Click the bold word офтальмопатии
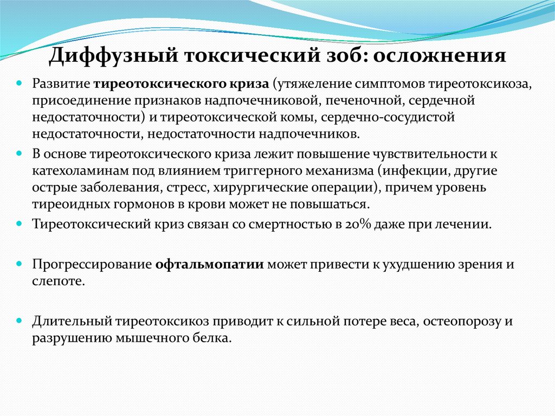tap(210, 265)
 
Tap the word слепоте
tap(58, 281)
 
